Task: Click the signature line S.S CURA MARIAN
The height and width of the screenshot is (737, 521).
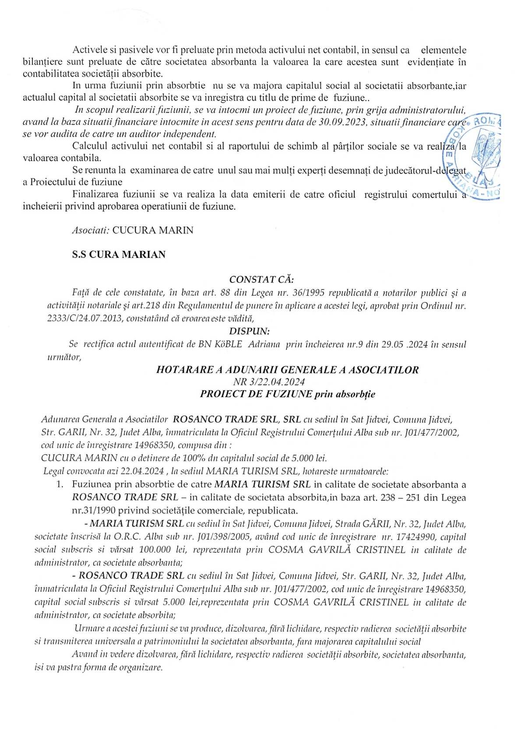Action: tap(119, 254)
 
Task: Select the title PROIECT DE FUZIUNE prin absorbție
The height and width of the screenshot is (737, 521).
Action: tap(287, 394)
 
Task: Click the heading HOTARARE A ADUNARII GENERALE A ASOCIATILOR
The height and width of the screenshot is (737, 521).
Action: tap(287, 370)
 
